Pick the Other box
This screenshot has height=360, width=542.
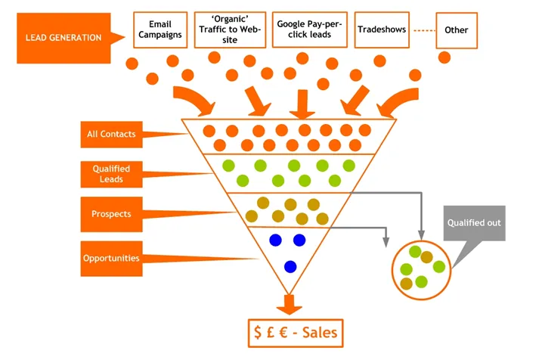[x=457, y=30]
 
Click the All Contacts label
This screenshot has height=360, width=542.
[x=111, y=135]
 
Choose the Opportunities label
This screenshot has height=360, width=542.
[x=110, y=258]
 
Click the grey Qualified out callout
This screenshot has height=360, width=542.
[x=473, y=224]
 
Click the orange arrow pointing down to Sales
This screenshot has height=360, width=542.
[x=289, y=303]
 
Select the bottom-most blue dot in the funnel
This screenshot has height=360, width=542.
[x=290, y=266]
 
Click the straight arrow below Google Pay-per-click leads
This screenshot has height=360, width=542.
[x=302, y=103]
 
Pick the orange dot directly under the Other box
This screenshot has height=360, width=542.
[x=444, y=57]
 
